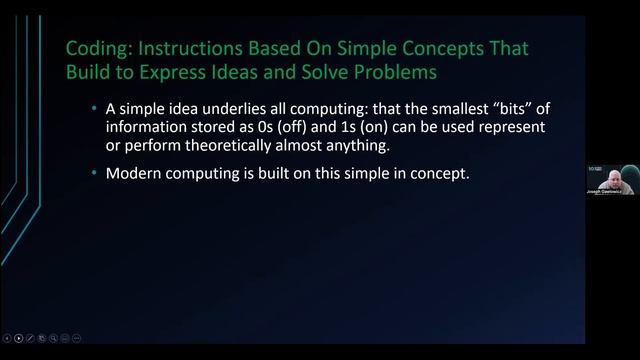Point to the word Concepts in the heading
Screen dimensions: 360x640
pyautogui.click(x=459, y=48)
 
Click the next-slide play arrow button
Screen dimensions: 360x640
pyautogui.click(x=19, y=338)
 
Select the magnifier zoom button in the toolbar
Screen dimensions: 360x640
pyautogui.click(x=53, y=338)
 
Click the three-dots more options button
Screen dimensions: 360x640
pyautogui.click(x=77, y=338)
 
